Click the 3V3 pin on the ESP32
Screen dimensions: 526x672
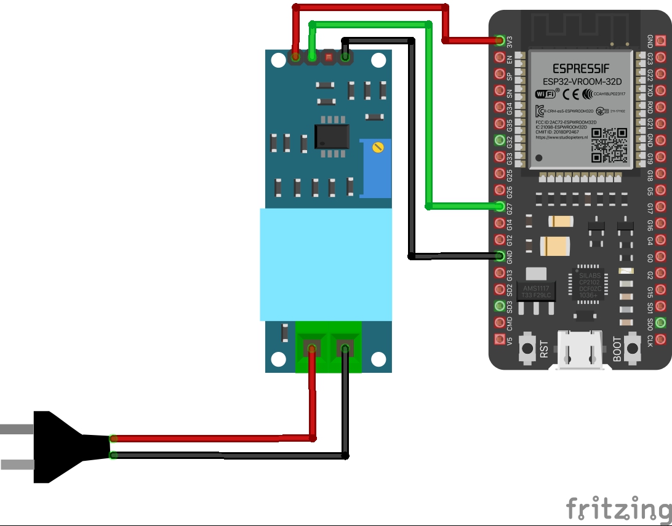(x=500, y=41)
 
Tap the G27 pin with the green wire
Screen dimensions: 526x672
(x=500, y=206)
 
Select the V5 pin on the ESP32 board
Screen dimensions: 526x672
(x=500, y=338)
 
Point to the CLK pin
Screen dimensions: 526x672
(x=660, y=338)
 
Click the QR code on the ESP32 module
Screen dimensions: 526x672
(x=609, y=145)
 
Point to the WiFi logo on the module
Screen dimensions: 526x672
(x=545, y=94)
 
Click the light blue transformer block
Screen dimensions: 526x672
(x=326, y=265)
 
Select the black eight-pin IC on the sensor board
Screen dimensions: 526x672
(x=332, y=136)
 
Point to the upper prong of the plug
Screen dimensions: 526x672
(x=12, y=429)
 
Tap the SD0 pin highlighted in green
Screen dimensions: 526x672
(x=660, y=322)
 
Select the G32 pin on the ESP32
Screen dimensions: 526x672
(x=500, y=140)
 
